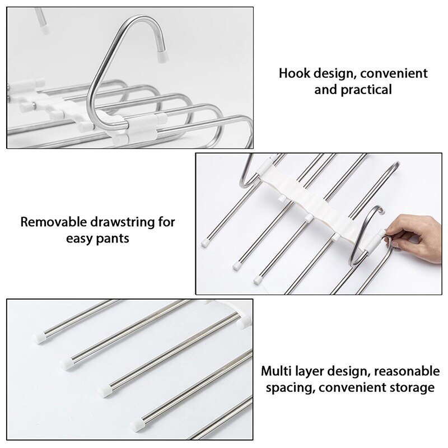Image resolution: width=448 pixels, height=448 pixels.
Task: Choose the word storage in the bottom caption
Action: pyautogui.click(x=415, y=388)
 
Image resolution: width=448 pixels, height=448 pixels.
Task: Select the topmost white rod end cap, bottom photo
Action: pyautogui.click(x=39, y=338)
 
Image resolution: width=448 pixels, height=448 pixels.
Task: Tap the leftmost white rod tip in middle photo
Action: pyautogui.click(x=204, y=244)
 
